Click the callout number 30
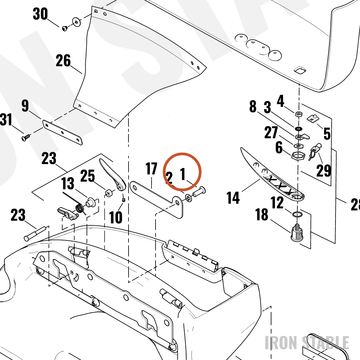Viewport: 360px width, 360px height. pyautogui.click(x=40, y=14)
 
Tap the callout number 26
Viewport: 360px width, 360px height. pyautogui.click(x=63, y=60)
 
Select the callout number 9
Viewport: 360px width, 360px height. pyautogui.click(x=25, y=105)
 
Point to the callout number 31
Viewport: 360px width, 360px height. pyautogui.click(x=6, y=120)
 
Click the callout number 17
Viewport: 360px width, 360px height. pyautogui.click(x=151, y=169)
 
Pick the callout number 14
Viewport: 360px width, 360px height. pyautogui.click(x=233, y=198)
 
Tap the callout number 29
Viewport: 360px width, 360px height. pyautogui.click(x=324, y=171)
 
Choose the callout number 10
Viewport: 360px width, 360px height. pyautogui.click(x=116, y=217)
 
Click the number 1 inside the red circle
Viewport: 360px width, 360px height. pyautogui.click(x=183, y=174)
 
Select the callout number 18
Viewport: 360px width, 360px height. pyautogui.click(x=262, y=215)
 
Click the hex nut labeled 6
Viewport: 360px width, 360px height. pyautogui.click(x=298, y=156)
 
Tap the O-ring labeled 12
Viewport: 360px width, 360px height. pyautogui.click(x=297, y=215)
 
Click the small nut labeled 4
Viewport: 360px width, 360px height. pyautogui.click(x=299, y=114)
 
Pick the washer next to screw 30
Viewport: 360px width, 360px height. pyautogui.click(x=77, y=22)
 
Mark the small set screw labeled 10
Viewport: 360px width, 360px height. pyautogui.click(x=123, y=199)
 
